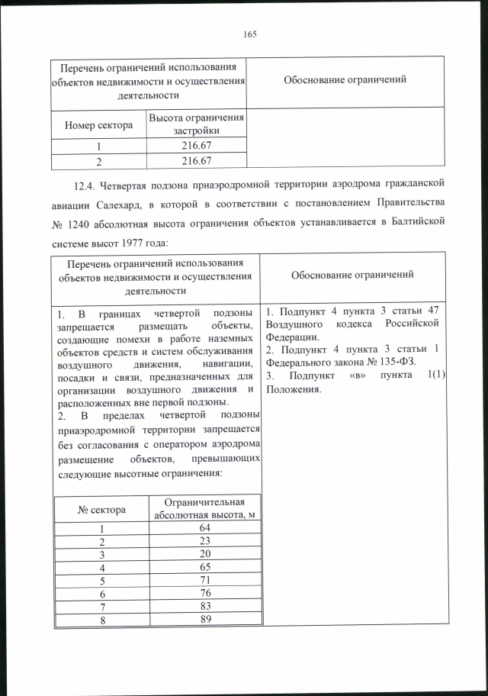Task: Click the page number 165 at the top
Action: coord(249,34)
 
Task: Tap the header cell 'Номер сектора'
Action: coord(98,124)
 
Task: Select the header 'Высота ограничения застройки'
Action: coord(196,124)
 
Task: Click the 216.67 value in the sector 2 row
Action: coord(196,160)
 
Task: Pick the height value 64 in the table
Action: coord(204,529)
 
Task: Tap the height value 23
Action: coord(204,542)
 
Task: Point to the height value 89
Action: coord(204,620)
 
